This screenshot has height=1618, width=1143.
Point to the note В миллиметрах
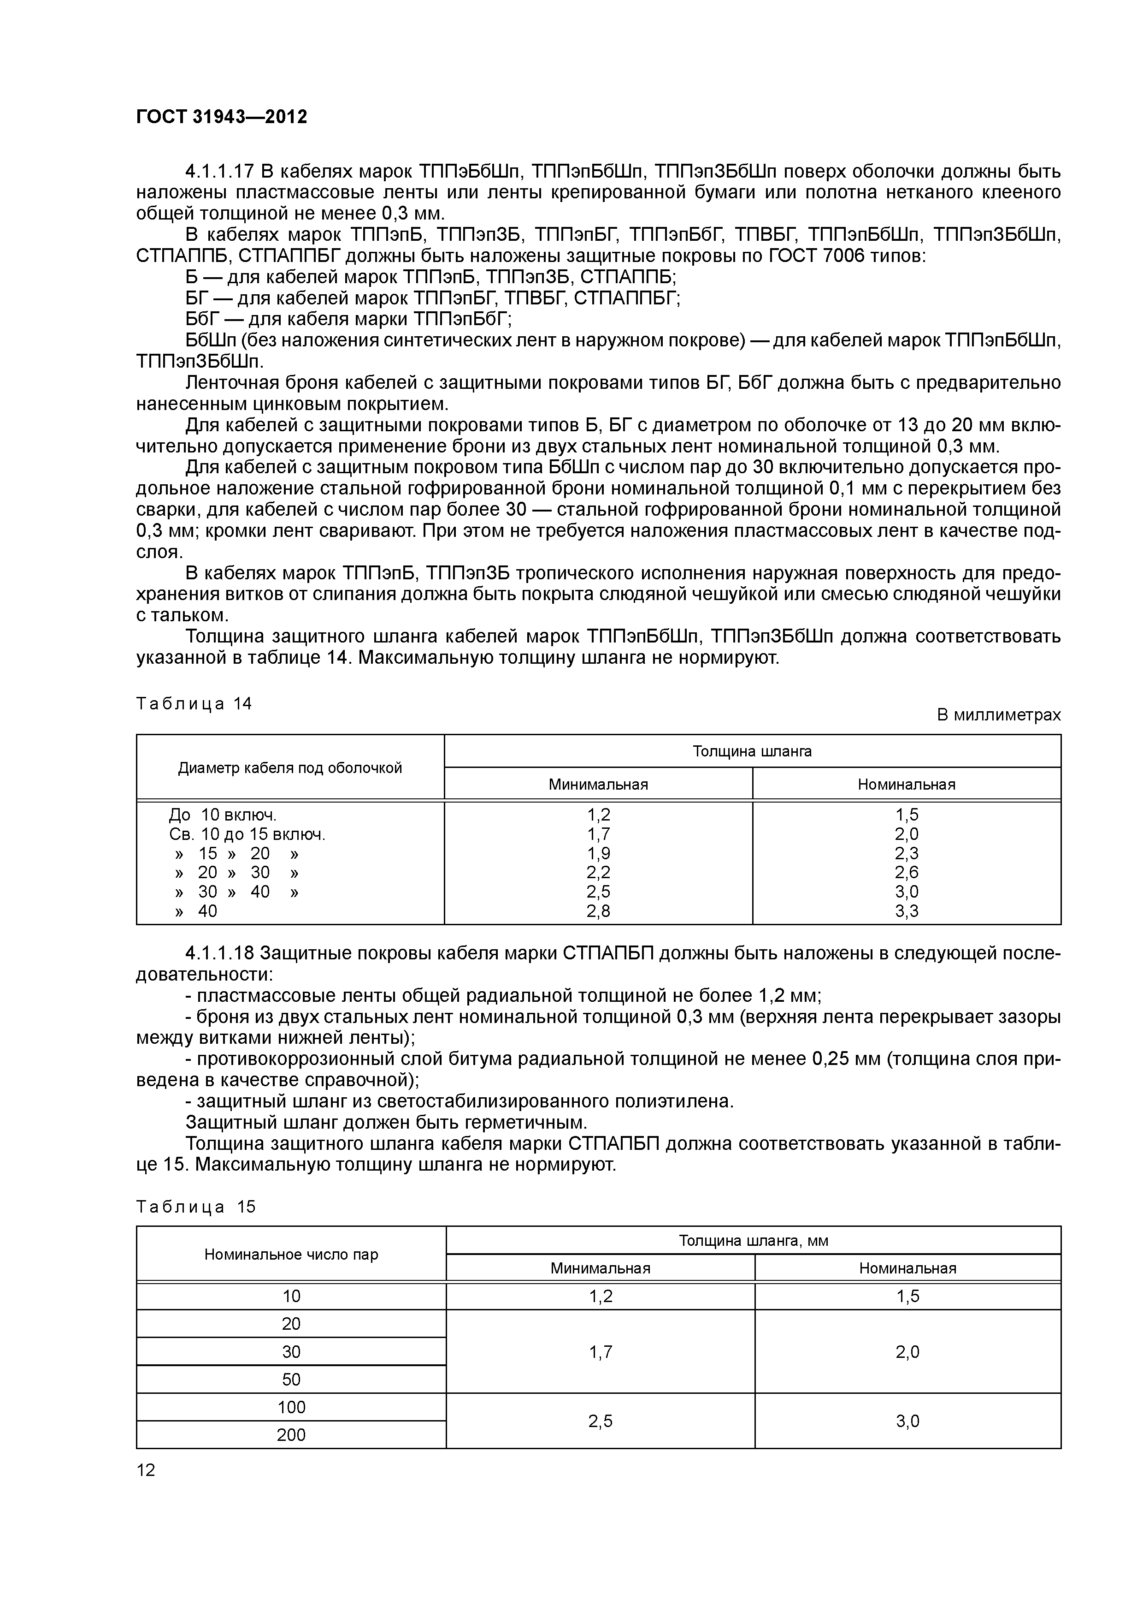[x=998, y=714]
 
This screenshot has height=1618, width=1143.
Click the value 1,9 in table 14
[x=599, y=853]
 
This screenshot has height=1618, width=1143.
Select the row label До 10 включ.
[x=223, y=815]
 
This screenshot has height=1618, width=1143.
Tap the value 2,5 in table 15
[x=600, y=1421]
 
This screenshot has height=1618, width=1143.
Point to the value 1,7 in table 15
[x=600, y=1351]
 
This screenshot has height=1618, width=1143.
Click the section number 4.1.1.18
[x=220, y=953]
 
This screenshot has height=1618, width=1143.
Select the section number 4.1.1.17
[x=220, y=171]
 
